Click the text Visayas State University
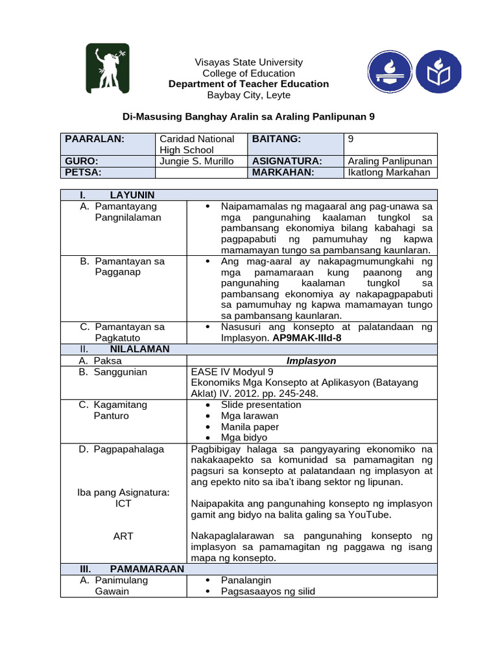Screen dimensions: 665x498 pyautogui.click(x=249, y=62)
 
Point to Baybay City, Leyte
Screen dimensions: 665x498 pyautogui.click(x=249, y=95)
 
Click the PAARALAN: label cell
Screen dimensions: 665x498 pyautogui.click(x=94, y=139)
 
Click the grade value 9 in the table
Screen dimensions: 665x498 pyautogui.click(x=351, y=139)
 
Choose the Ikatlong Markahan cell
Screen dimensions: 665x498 pyautogui.click(x=389, y=172)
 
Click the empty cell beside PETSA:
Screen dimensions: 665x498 pyautogui.click(x=201, y=172)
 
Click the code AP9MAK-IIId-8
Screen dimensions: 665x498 pyautogui.click(x=307, y=338)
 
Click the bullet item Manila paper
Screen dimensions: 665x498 pyautogui.click(x=250, y=427)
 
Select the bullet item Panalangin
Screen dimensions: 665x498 pyautogui.click(x=246, y=580)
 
